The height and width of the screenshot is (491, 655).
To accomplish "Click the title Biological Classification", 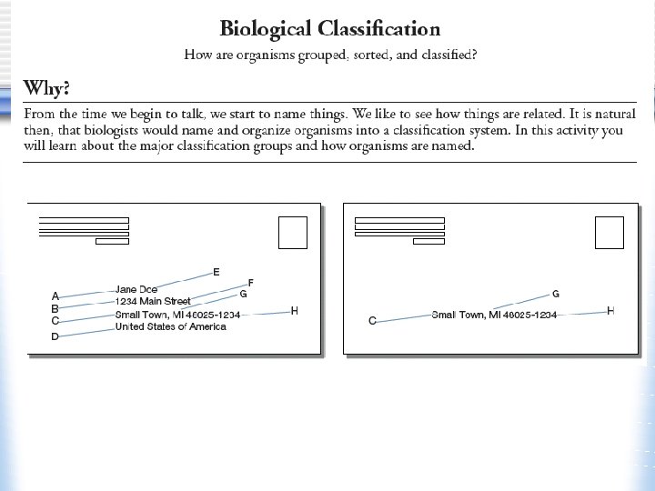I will pos(330,30).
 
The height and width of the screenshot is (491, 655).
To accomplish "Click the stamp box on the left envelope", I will pos(293,233).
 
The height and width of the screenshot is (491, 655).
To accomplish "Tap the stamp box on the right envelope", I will pos(609,233).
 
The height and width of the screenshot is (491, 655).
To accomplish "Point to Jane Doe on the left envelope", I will pos(136,289).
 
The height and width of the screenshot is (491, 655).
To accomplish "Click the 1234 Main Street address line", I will pos(153,301).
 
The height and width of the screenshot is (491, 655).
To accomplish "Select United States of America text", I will pos(171,326).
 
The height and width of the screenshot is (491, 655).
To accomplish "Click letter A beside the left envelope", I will pos(55,296).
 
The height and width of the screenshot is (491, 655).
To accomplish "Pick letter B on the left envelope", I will pos(55,308).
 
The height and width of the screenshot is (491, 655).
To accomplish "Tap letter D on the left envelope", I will pos(55,336).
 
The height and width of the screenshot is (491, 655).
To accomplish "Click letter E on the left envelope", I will pos(216,272).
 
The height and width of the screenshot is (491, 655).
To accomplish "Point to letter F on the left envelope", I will pos(250,284).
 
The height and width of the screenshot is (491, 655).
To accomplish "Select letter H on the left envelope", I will pos(294,311).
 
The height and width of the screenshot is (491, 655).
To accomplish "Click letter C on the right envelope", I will pos(372,321).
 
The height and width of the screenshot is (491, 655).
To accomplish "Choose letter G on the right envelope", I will pos(556,294).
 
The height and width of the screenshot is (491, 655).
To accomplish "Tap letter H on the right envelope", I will pos(610,311).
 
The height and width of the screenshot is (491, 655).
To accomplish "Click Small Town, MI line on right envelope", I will pos(494,315).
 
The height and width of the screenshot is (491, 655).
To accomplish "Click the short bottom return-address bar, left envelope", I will pos(112,242).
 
